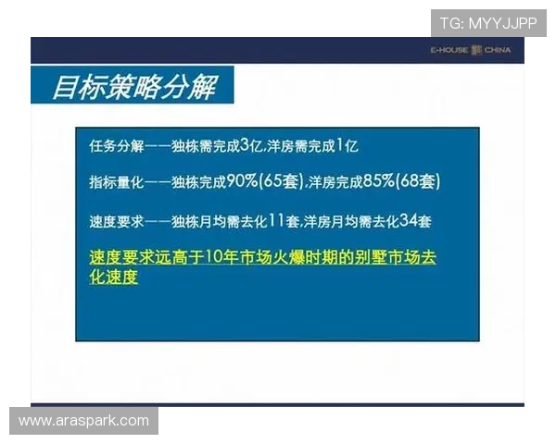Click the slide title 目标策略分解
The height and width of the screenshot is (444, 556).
click(x=133, y=87)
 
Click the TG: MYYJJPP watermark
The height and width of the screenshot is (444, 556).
click(x=488, y=22)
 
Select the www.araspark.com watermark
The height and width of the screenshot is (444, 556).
click(x=83, y=421)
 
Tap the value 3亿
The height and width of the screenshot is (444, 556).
click(x=252, y=145)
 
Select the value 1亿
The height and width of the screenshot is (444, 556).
click(x=347, y=145)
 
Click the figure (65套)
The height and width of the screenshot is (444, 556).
click(x=282, y=181)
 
